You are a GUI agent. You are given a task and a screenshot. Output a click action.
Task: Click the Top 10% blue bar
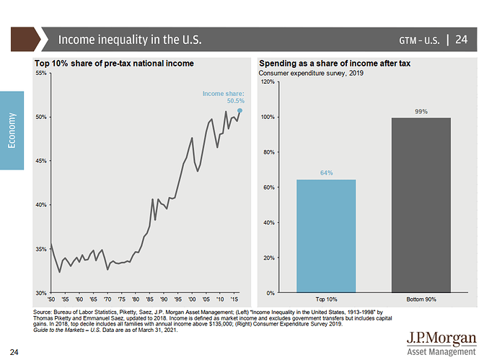[x=325, y=236]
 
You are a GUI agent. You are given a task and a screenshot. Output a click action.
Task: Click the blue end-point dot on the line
[x=239, y=110]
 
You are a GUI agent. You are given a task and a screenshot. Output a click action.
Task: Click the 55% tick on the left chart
[x=41, y=74]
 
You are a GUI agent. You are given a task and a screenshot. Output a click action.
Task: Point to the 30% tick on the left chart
[x=41, y=293]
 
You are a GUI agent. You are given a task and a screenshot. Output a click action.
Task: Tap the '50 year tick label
[x=50, y=299]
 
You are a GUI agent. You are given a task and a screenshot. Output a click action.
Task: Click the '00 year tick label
[x=192, y=299]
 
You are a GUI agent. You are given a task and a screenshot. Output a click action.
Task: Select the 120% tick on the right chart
[x=266, y=82]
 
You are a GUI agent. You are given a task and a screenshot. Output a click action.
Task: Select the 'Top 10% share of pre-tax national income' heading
[x=114, y=63]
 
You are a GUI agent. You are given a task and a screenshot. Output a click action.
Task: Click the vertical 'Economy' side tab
[x=12, y=130]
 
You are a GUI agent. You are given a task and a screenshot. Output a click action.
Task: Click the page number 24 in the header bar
[x=462, y=38]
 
